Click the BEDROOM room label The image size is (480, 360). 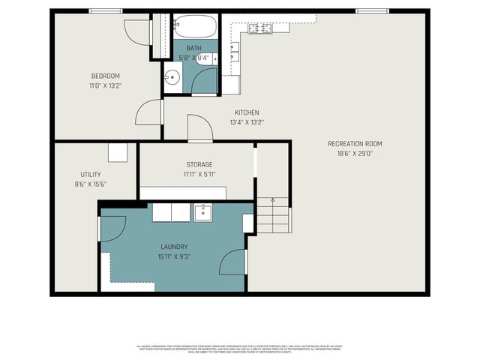106,76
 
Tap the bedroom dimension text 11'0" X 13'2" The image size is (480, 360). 106,85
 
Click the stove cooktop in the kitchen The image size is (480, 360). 259,28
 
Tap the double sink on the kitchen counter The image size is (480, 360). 235,51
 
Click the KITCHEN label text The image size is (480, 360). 247,112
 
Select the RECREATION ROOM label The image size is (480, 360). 355,143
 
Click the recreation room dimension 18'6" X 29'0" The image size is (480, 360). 355,154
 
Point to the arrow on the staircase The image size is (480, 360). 272,201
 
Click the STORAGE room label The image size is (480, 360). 199,164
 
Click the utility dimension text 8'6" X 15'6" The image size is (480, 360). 91,184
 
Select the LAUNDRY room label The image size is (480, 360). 173,246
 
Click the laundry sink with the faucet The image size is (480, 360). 202,212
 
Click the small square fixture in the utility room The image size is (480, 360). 118,153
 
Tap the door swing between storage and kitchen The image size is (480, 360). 199,127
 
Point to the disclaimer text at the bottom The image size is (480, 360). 240,349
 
